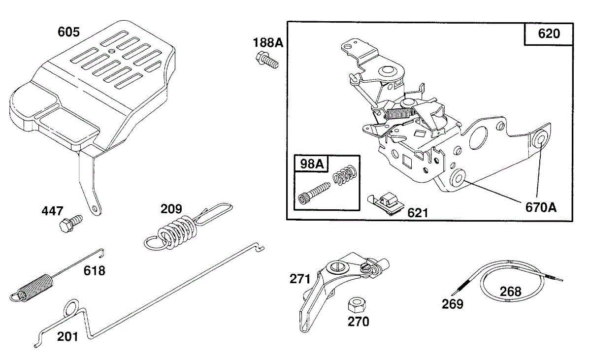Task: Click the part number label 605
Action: point(68,32)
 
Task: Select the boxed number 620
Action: point(549,34)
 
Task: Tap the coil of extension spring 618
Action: point(34,286)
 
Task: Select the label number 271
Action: point(300,279)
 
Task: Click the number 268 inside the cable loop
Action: point(510,292)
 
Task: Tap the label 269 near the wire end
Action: point(453,304)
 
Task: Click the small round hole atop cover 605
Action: point(112,51)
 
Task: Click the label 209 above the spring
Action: point(171,208)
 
